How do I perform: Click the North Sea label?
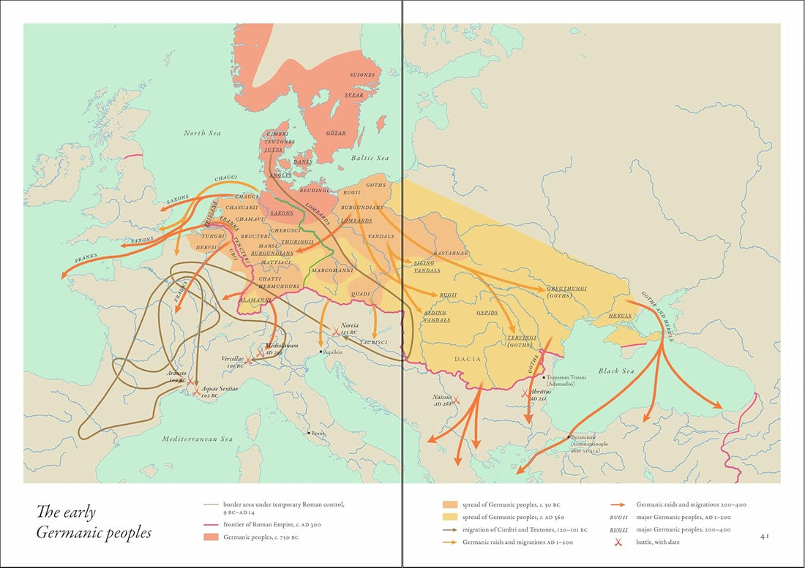(x=203, y=133)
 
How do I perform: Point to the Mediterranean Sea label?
(x=197, y=439)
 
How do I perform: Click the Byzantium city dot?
(x=569, y=437)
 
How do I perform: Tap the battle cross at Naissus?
(x=456, y=400)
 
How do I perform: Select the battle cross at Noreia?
(x=336, y=331)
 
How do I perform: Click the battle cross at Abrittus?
(x=525, y=393)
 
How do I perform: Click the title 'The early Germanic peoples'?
(x=94, y=522)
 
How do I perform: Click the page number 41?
(x=764, y=536)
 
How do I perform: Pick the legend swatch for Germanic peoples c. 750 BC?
(x=211, y=538)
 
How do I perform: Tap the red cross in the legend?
(x=618, y=542)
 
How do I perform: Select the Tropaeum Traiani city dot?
(x=544, y=377)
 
